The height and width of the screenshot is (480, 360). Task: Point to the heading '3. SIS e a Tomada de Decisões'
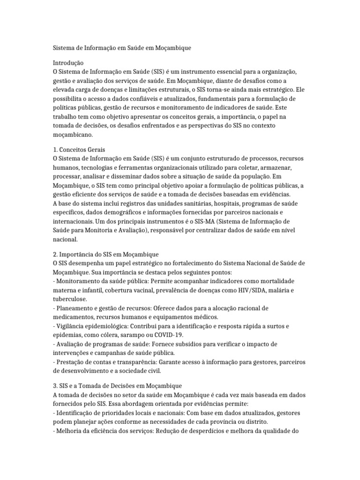pyautogui.click(x=114, y=386)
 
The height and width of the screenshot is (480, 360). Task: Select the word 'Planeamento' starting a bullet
pyautogui.click(x=75, y=308)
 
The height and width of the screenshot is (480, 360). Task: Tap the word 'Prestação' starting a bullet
pyautogui.click(x=69, y=361)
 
